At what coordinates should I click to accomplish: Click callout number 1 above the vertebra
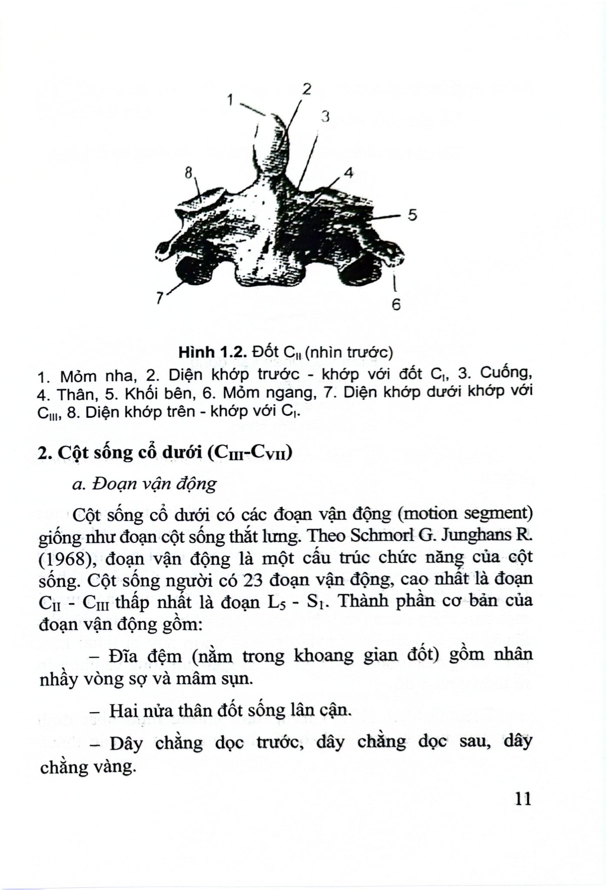(230, 100)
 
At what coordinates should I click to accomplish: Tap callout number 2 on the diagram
(307, 89)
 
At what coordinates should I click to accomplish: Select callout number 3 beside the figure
(325, 116)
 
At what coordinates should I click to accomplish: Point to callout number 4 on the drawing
(349, 173)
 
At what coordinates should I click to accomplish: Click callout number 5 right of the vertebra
(412, 215)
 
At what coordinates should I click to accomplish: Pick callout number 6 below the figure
(396, 305)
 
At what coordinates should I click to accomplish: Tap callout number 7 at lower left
(159, 298)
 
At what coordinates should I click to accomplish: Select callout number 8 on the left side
(188, 173)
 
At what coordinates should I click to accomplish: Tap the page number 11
(523, 799)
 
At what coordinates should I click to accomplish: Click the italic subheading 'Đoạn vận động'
(154, 484)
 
